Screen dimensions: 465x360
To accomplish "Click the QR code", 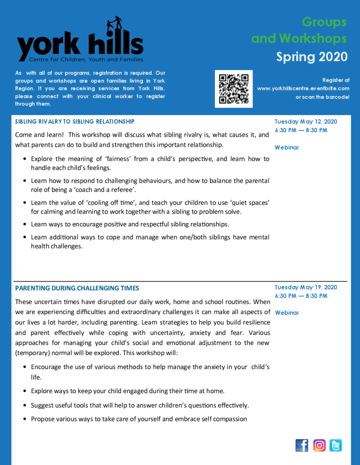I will pos(233,89).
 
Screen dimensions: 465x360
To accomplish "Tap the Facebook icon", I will pos(302,445).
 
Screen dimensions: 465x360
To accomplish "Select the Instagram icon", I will pos(319,445).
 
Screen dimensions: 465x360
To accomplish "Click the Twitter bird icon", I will pos(336,445).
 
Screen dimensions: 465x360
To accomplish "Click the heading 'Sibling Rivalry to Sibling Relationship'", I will pos(75,122).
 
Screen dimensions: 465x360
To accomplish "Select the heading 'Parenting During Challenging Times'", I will pos(77,288).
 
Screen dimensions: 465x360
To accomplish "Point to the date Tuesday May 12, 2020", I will pos(306,122).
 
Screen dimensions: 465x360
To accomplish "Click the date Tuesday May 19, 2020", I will pos(306,287).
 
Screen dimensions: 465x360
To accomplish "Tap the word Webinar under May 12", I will pos(287,147).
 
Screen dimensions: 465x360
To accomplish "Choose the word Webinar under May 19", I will pos(287,313).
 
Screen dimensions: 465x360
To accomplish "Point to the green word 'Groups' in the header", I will pos(324,22).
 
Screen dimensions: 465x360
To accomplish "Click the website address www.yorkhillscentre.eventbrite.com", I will pos(303,89).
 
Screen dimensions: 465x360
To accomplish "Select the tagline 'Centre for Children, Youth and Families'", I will pos(86,60).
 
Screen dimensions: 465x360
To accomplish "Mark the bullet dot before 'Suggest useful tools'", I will pos(25,405).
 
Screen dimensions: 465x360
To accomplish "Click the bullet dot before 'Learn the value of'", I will pos(25,203).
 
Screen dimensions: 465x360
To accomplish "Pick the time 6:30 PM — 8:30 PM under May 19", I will pos(301,296).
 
